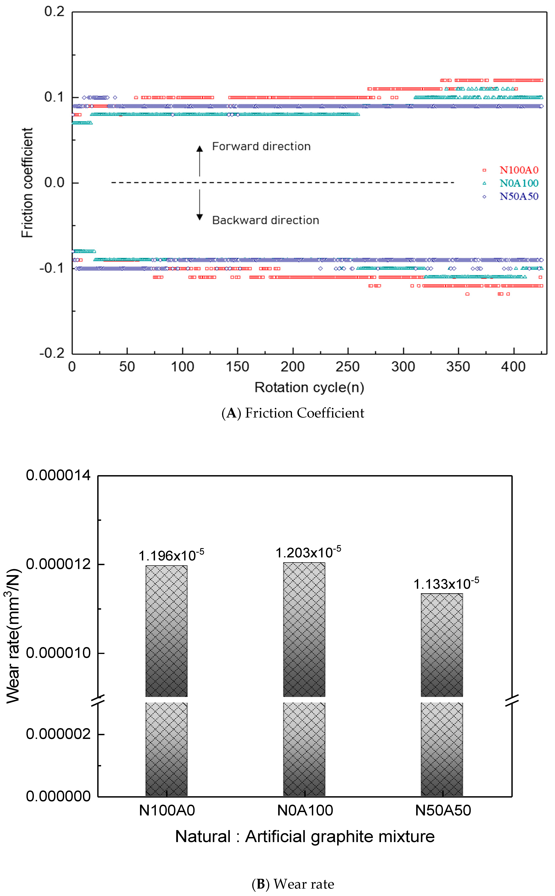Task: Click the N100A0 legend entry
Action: pos(518,170)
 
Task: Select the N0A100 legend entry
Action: pos(518,183)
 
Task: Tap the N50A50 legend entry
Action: pos(518,197)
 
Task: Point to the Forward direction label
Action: pos(261,146)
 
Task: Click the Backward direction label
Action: pos(265,220)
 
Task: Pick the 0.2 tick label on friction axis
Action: pos(54,11)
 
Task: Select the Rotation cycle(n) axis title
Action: pos(309,387)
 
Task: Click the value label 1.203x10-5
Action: pos(308,552)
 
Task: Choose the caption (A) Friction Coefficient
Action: pos(292,413)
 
